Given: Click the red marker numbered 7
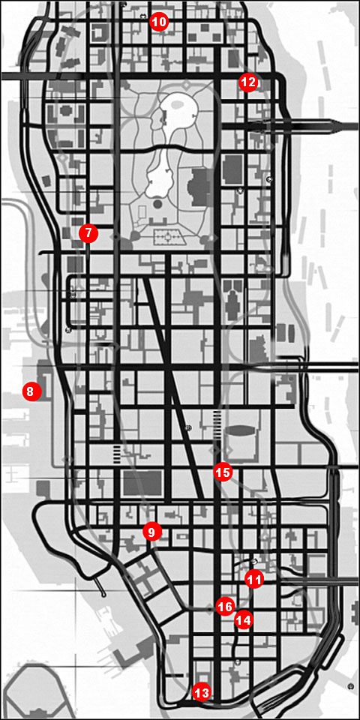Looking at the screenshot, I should pyautogui.click(x=88, y=233).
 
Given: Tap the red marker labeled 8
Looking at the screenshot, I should pyautogui.click(x=30, y=391).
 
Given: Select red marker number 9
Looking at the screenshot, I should pyautogui.click(x=151, y=532).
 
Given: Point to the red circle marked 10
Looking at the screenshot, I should pyautogui.click(x=158, y=22).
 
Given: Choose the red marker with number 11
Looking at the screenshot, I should pyautogui.click(x=254, y=579).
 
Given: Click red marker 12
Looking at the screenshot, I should pyautogui.click(x=248, y=82).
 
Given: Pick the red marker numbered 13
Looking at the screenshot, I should pyautogui.click(x=201, y=692).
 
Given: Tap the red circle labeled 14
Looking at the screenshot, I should pyautogui.click(x=243, y=620).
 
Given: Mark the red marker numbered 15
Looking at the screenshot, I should pyautogui.click(x=223, y=472).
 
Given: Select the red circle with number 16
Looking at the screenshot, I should pyautogui.click(x=225, y=605).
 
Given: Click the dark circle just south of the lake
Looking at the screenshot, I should pyautogui.click(x=157, y=204).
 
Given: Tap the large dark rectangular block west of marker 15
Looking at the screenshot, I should pyautogui.click(x=136, y=484).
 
